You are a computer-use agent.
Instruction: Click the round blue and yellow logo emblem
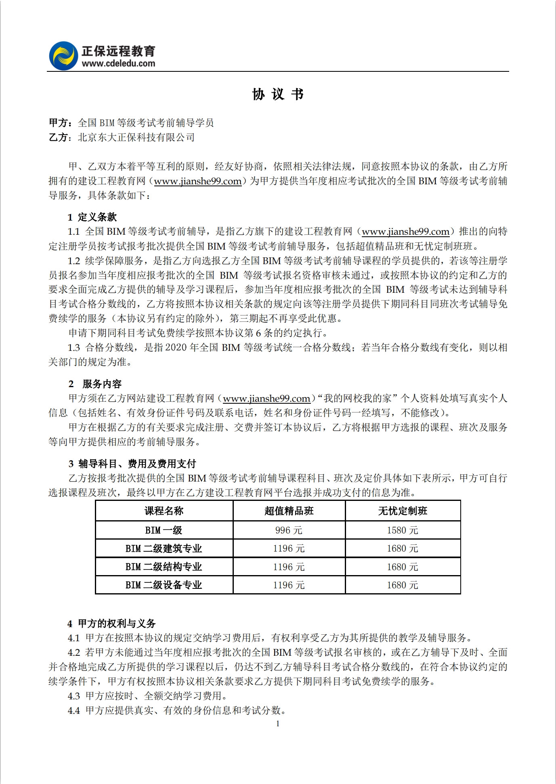point(63,56)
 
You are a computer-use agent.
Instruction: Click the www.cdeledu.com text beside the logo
point(118,63)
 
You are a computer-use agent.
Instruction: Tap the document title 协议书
point(278,94)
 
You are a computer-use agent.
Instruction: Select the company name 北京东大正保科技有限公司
point(136,138)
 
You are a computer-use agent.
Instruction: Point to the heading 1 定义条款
point(92,217)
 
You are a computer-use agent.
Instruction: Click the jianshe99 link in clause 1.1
point(405,232)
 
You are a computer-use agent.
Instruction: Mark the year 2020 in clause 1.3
point(176,348)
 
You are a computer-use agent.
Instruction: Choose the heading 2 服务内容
point(95,384)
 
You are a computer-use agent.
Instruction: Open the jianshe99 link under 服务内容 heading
point(266,399)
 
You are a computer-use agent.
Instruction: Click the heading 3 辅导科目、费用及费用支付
point(132,464)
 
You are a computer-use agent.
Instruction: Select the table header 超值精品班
point(289,511)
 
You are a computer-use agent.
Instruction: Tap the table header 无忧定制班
point(403,511)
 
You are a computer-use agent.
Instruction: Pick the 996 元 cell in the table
point(289,530)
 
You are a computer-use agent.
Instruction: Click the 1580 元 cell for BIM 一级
point(403,530)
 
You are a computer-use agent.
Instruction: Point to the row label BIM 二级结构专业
point(164,567)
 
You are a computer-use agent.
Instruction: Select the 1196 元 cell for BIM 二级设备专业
point(289,585)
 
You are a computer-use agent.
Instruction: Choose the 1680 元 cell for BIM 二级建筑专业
point(403,548)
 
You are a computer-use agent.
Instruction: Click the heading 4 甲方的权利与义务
point(111,624)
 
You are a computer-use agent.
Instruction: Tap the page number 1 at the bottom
point(278,724)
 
